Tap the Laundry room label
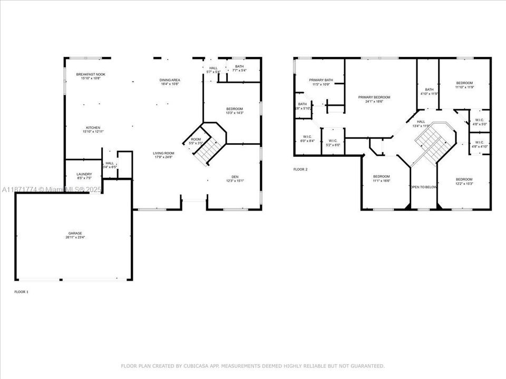click(84, 174)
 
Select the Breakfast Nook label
click(91, 74)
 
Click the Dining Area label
click(170, 80)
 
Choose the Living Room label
click(163, 153)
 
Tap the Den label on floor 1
click(235, 176)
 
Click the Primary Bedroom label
click(374, 97)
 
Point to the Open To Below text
click(423, 187)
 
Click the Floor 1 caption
click(21, 291)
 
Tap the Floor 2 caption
click(300, 169)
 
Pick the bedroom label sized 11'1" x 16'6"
click(381, 176)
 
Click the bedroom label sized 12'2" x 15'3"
click(464, 179)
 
